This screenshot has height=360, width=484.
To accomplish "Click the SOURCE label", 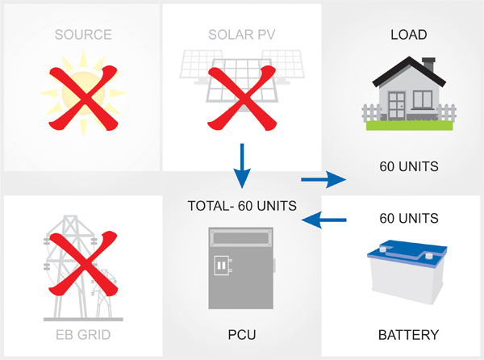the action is (x=83, y=35).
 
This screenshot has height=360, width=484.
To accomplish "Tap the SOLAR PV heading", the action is (x=242, y=35).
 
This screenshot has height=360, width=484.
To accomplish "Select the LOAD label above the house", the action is (x=409, y=35).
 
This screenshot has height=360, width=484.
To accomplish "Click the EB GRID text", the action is (x=83, y=335).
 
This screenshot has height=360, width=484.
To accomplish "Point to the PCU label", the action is (x=242, y=335).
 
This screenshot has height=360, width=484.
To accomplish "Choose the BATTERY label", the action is (x=408, y=335).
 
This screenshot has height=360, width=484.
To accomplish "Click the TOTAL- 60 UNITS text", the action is (x=242, y=206).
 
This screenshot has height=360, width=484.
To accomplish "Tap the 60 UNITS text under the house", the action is (x=409, y=166).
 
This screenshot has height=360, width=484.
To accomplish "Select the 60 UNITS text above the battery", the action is (x=409, y=218).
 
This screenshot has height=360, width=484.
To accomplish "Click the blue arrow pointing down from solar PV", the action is (x=242, y=165).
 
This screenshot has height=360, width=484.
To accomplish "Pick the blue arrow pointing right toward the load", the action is (x=323, y=179).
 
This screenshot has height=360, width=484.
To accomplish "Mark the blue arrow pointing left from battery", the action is (x=323, y=220).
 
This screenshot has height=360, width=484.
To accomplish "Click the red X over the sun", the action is (x=83, y=98).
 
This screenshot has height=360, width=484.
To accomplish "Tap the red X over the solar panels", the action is (x=242, y=98).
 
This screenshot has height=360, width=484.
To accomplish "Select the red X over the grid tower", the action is (x=83, y=263).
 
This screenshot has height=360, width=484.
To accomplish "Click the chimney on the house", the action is (x=429, y=65).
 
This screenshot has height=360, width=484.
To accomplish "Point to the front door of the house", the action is (x=396, y=105).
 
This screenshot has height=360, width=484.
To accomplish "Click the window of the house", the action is (x=423, y=100).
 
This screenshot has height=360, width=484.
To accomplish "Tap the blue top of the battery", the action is (x=407, y=253).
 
